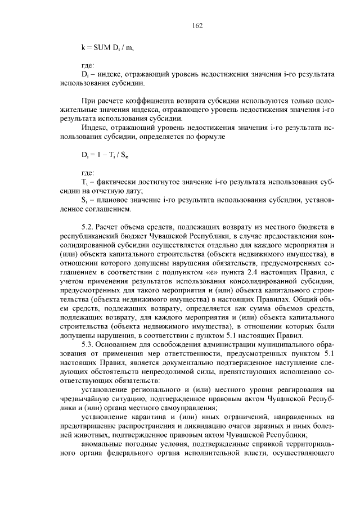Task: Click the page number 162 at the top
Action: [x=197, y=26]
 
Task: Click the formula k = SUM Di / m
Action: [x=108, y=48]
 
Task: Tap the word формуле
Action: [x=210, y=136]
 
